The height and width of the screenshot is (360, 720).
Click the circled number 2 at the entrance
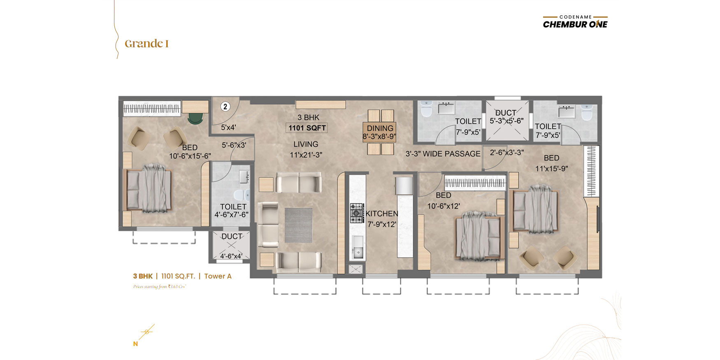pyautogui.click(x=225, y=107)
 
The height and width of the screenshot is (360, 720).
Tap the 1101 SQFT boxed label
pyautogui.click(x=307, y=128)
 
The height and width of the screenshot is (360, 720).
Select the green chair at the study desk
pyautogui.click(x=195, y=118)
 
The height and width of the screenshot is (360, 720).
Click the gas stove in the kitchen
pyautogui.click(x=357, y=213)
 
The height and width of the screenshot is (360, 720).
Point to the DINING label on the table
pyautogui.click(x=380, y=128)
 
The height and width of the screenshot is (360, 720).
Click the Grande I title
pyautogui.click(x=147, y=44)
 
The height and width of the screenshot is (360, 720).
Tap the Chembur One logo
pyautogui.click(x=575, y=22)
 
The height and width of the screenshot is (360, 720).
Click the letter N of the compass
pyautogui.click(x=135, y=344)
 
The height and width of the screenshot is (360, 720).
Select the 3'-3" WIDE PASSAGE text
pyautogui.click(x=443, y=154)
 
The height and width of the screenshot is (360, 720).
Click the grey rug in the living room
pyautogui.click(x=298, y=225)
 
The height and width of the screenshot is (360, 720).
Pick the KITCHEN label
pyautogui.click(x=382, y=214)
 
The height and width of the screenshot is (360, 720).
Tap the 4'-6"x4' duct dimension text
pyautogui.click(x=231, y=256)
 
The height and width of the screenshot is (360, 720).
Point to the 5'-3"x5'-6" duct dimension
pyautogui.click(x=506, y=121)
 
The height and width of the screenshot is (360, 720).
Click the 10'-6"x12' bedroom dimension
pyautogui.click(x=444, y=206)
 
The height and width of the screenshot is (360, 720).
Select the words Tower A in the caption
pyautogui.click(x=218, y=276)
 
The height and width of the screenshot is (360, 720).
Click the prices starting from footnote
pyautogui.click(x=160, y=287)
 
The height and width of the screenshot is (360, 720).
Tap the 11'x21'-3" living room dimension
pyautogui.click(x=306, y=155)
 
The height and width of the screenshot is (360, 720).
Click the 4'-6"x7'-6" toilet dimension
pyautogui.click(x=232, y=215)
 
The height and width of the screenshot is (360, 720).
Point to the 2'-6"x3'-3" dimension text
pyautogui.click(x=507, y=153)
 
